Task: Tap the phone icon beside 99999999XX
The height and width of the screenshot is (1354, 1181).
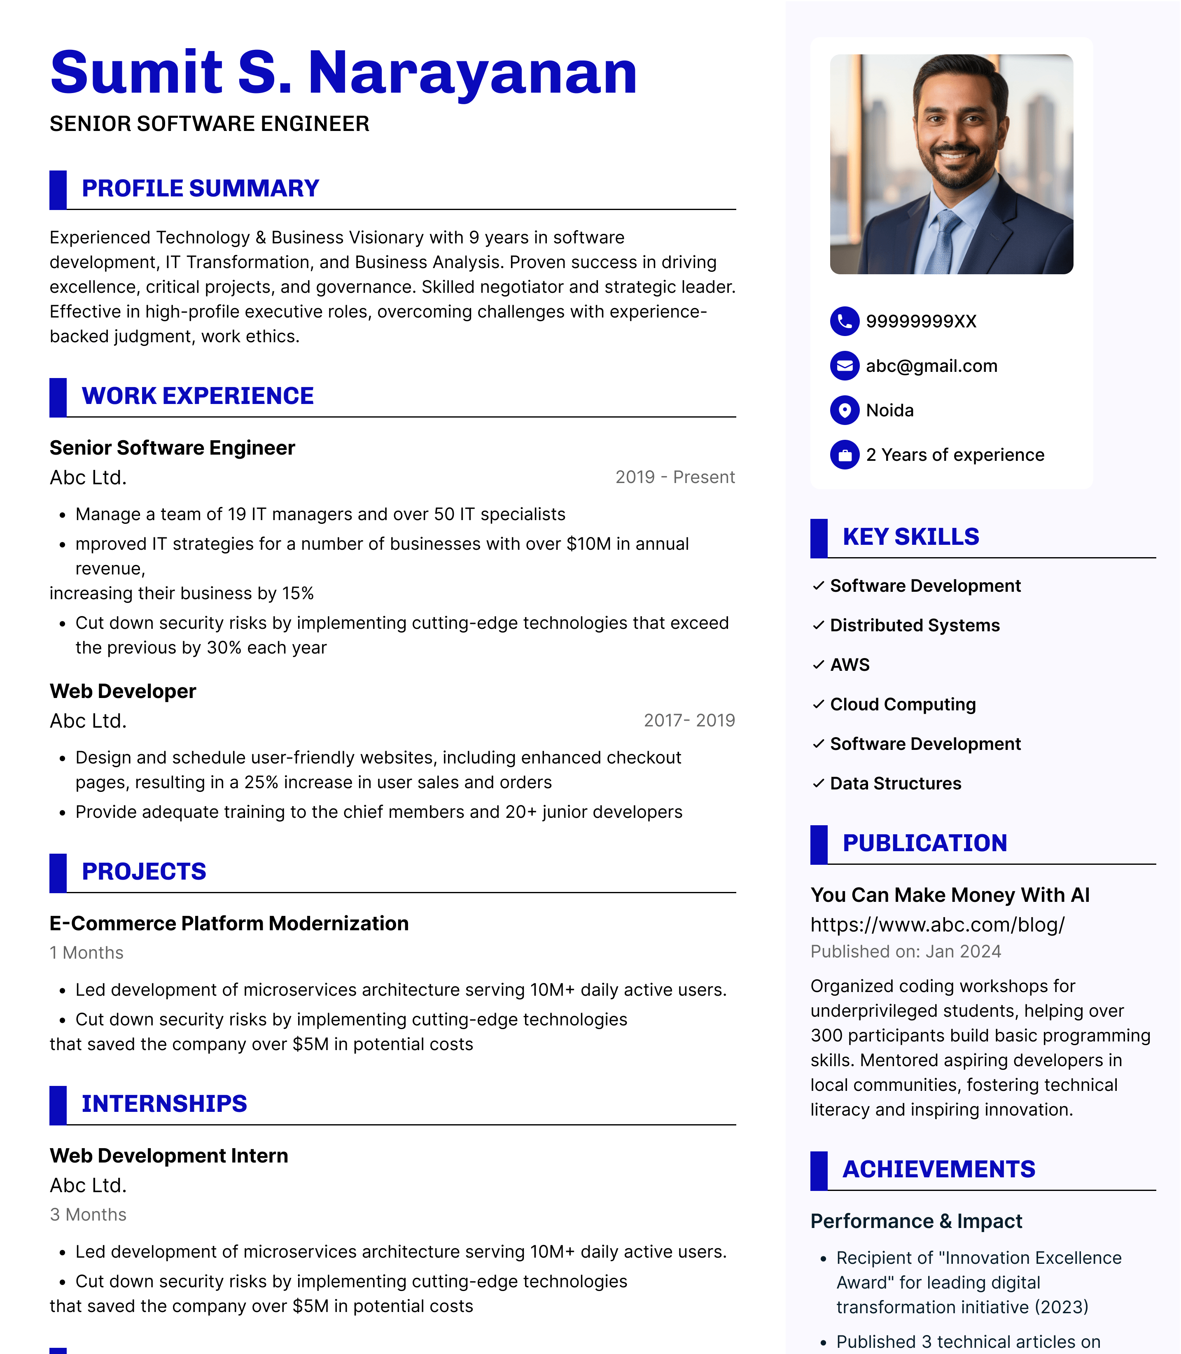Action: coord(844,322)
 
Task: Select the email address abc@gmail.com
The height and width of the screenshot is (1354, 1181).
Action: coord(931,367)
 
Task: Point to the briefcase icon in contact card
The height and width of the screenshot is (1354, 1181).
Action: coord(844,455)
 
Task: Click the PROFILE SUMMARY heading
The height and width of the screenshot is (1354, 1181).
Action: coord(201,189)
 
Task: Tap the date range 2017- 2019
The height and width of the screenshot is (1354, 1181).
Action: coord(689,720)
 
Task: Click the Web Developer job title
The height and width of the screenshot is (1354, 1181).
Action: coord(123,691)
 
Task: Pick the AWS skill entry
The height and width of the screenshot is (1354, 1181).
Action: coord(850,665)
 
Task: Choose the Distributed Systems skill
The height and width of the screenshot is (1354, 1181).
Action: coord(915,625)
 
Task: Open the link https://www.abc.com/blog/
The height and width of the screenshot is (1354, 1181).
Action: coord(937,924)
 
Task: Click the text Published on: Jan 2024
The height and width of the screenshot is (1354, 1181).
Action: coord(906,951)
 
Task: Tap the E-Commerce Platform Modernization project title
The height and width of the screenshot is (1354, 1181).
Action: coord(229,924)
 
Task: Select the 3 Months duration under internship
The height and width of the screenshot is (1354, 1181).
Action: coord(88,1214)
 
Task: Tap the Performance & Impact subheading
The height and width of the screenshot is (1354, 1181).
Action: coord(916,1221)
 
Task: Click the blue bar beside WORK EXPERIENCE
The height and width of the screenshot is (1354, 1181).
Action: coord(58,397)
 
